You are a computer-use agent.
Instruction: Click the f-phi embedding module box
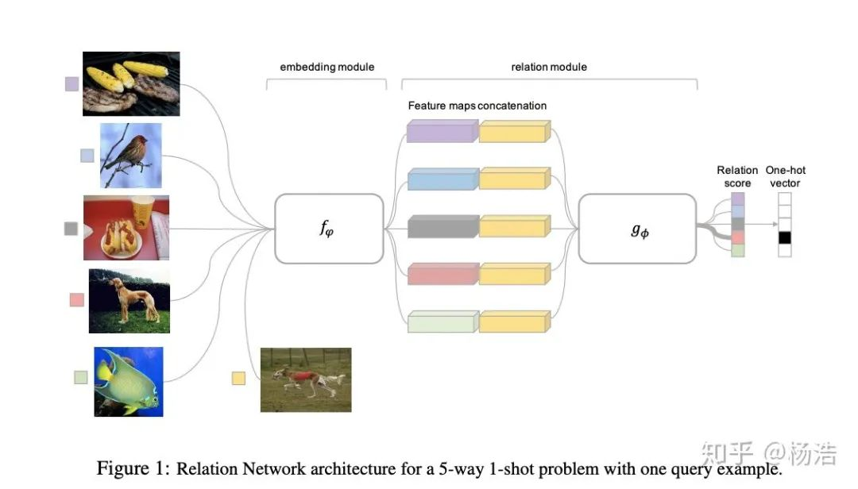tap(327, 229)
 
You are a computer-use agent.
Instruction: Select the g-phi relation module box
tap(640, 229)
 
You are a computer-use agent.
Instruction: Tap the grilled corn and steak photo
tap(131, 83)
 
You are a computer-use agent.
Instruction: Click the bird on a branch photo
tap(130, 155)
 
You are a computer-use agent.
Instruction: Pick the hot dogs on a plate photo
tap(126, 228)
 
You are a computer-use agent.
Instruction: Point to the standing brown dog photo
tap(129, 300)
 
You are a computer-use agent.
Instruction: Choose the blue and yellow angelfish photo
tap(128, 381)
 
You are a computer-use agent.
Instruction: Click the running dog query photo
tap(306, 379)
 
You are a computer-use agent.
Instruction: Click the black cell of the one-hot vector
tap(785, 237)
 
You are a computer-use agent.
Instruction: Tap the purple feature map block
tap(442, 131)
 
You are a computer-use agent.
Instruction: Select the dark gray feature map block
tap(442, 227)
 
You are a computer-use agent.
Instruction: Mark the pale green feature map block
tap(442, 322)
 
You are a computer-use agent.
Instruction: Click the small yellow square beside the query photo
tap(238, 378)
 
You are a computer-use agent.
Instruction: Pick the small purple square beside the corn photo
tap(71, 83)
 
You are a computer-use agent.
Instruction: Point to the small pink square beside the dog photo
tap(76, 300)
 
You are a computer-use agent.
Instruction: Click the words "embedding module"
tap(327, 67)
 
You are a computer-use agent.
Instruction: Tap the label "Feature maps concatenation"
tap(477, 106)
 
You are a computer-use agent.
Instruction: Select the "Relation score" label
tap(737, 176)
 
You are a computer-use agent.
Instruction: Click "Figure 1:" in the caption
tap(133, 468)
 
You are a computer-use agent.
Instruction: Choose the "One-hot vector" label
tap(785, 176)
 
